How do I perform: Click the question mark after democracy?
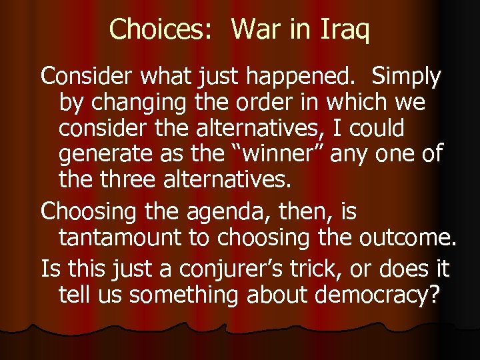point(434,295)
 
